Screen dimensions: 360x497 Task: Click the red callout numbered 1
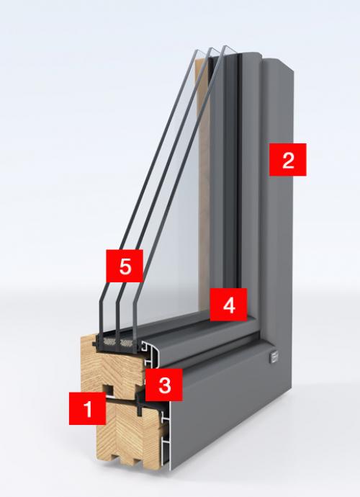coord(87,408)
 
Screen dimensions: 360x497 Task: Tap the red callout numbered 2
coord(288,159)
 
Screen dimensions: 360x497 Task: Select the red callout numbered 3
coord(164,385)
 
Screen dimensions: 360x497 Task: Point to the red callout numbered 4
coord(228,305)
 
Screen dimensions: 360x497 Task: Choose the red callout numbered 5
coord(125,266)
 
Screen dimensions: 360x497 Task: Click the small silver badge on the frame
coord(274,357)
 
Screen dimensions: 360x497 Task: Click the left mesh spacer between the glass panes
coord(109,341)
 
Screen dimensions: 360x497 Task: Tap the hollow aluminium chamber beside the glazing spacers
coord(150,351)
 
